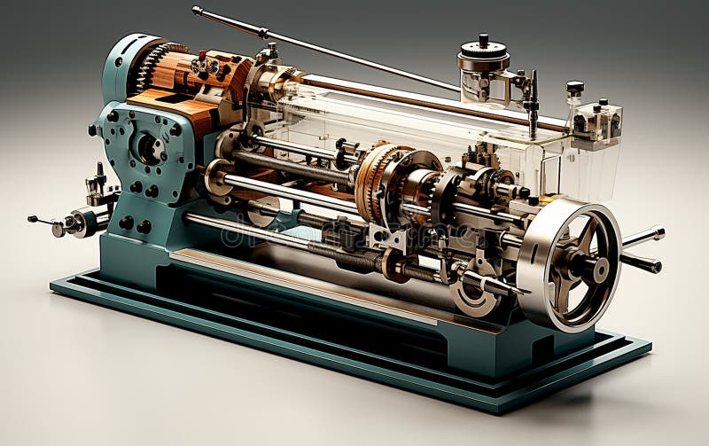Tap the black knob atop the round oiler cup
[484, 40]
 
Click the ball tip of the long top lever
[197, 12]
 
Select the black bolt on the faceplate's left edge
[93, 131]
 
